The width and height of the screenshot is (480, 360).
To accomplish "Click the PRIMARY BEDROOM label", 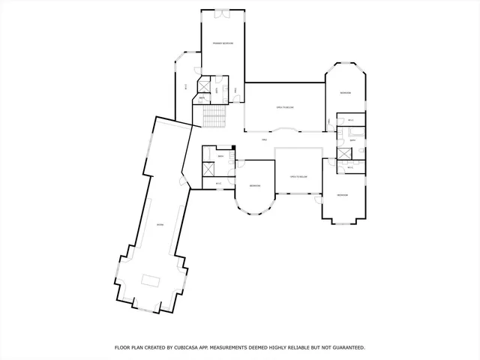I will tap(223, 43).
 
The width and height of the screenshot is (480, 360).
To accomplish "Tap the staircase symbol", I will tap(214, 116).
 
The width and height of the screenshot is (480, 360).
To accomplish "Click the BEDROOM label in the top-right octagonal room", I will tap(345, 93).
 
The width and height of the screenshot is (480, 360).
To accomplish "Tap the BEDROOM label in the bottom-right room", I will tap(343, 195).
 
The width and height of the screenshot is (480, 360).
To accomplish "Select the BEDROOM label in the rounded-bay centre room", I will tap(255, 185).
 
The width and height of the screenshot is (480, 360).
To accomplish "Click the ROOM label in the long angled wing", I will tap(160, 224).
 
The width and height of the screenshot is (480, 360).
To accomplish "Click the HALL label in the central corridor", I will tap(264, 140).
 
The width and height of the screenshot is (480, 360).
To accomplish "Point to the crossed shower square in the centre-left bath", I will tap(208, 167).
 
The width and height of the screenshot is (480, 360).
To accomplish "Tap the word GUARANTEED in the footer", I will tap(343, 348).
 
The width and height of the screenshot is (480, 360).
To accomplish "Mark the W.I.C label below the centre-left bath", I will tap(218, 183).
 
